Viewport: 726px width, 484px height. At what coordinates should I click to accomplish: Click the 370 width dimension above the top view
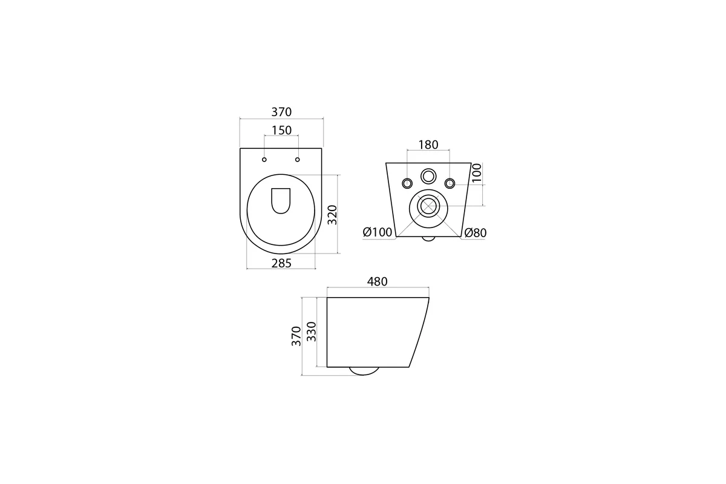point(281,112)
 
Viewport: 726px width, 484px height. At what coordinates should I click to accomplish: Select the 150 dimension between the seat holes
point(281,130)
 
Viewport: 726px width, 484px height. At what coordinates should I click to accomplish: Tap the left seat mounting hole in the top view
point(264,160)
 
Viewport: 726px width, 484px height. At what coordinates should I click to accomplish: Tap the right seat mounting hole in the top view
point(298,160)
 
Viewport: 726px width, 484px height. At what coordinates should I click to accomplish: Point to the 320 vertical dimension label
point(333,215)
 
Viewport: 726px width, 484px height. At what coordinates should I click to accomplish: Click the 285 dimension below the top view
point(281,263)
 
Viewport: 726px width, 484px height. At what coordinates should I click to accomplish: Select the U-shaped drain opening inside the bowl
point(281,201)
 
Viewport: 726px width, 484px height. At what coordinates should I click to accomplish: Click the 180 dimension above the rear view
point(428,145)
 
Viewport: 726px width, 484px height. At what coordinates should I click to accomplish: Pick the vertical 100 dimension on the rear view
point(477,173)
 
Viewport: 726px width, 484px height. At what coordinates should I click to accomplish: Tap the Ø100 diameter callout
point(378,232)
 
